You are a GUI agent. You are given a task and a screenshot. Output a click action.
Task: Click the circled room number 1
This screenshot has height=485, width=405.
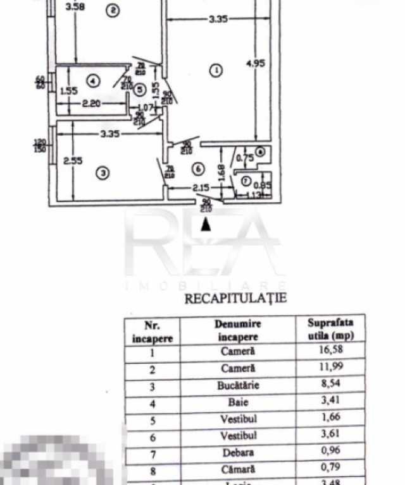(216, 70)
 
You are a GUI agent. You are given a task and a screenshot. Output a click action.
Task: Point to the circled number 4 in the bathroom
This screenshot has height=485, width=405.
(93, 81)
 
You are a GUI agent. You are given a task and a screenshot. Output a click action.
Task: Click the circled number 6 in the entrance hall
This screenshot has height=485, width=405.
(199, 169)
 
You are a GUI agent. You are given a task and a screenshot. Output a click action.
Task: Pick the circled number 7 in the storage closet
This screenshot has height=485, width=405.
(246, 179)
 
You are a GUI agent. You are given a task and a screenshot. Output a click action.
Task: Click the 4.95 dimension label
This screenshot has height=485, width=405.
(254, 63)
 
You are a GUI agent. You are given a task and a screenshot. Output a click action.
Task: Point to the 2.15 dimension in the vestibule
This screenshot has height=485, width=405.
(185, 188)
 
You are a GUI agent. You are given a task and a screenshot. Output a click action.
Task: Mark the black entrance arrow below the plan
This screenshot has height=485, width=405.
(206, 224)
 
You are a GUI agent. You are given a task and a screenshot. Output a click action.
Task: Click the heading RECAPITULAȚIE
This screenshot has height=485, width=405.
(235, 298)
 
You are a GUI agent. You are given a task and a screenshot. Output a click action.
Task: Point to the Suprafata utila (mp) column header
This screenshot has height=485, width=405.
(330, 329)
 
